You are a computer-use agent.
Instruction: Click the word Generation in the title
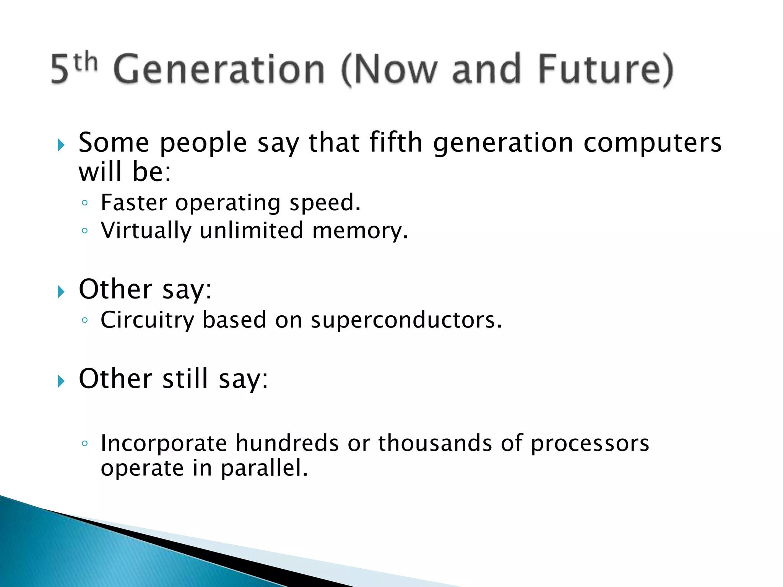point(219,69)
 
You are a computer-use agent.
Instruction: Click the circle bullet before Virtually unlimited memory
point(85,230)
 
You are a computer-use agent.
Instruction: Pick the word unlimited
point(251,230)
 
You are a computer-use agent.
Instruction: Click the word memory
point(360,231)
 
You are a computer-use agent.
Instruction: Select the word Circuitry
point(147,320)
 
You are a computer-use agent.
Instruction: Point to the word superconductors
point(406,320)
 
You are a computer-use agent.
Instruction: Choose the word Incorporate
point(164,443)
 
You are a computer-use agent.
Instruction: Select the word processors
point(590,444)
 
